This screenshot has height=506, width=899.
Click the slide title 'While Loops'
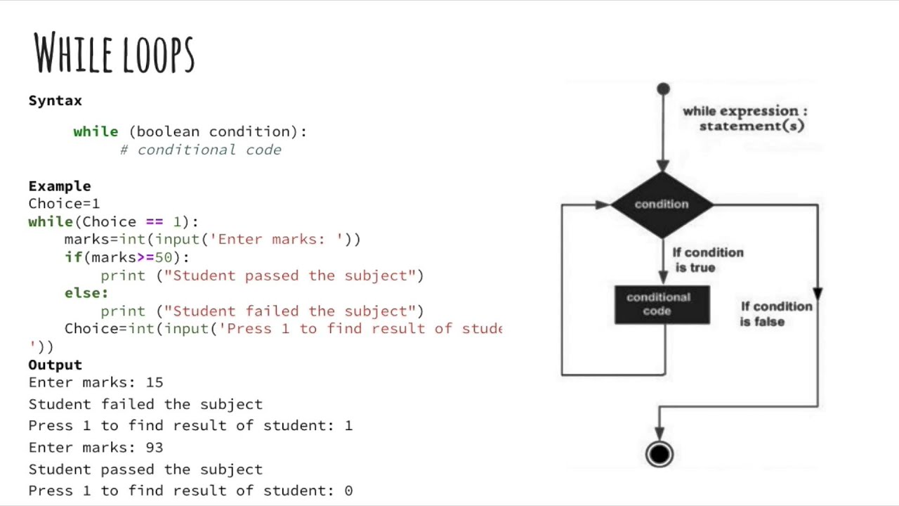tap(114, 53)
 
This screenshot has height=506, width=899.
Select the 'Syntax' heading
tap(55, 100)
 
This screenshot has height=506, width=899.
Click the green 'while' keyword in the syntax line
tap(96, 131)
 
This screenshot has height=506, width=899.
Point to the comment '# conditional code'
tap(201, 150)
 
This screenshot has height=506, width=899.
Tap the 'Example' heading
tap(60, 186)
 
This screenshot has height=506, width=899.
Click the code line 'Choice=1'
tap(64, 204)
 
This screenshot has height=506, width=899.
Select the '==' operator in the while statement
tap(154, 221)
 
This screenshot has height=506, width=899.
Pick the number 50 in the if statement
tap(163, 257)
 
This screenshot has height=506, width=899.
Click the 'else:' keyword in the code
tap(86, 293)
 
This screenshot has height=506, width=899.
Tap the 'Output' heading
tap(55, 365)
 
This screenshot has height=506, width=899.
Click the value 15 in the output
tap(155, 382)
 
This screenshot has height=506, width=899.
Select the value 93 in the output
tap(155, 448)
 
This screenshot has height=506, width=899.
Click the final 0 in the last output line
tap(348, 491)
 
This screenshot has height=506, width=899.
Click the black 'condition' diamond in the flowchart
tap(662, 204)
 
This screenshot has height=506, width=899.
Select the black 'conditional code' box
tap(662, 304)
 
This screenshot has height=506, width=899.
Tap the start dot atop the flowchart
tap(663, 89)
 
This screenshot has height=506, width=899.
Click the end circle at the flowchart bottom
tap(660, 455)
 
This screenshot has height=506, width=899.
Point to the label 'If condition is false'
tap(775, 314)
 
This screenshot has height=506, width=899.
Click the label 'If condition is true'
tap(707, 260)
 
